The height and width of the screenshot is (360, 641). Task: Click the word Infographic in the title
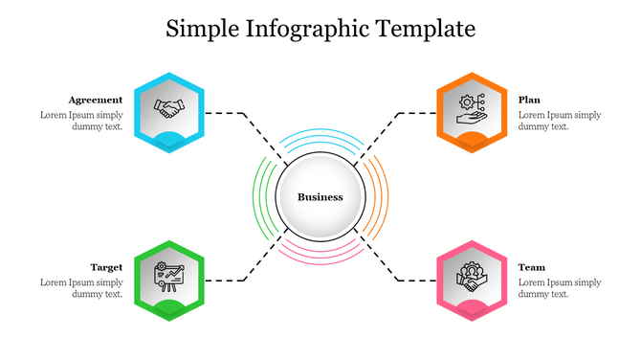(306, 30)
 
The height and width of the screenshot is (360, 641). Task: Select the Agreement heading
(96, 100)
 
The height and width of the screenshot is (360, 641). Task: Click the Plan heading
(529, 100)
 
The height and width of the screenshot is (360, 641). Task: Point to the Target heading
(106, 267)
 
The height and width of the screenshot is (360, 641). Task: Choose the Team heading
(532, 267)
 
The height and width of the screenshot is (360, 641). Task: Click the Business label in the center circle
(320, 197)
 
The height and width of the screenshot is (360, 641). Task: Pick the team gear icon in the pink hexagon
(470, 276)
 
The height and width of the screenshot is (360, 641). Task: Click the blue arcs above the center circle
(320, 140)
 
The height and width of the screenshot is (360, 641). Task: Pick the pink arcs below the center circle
(320, 255)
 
